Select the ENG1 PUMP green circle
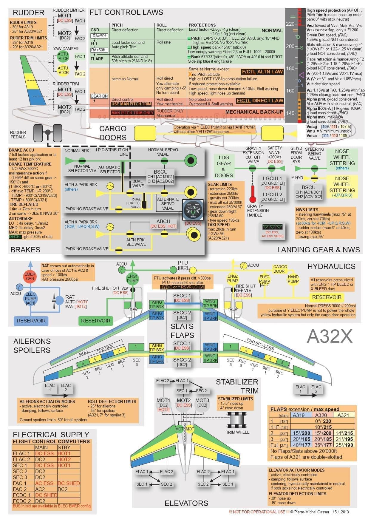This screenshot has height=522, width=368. [x=132, y=278]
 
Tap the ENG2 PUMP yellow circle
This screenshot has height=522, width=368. [x=233, y=278]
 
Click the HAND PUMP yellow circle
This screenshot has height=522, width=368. [x=293, y=279]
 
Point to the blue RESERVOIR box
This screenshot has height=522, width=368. [x=31, y=321]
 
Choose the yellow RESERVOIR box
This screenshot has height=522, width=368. [x=327, y=297]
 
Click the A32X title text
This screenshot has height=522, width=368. [x=330, y=336]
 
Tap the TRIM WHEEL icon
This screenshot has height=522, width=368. [x=237, y=421]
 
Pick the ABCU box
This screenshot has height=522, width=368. [x=163, y=222]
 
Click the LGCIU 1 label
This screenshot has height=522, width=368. [x=272, y=178]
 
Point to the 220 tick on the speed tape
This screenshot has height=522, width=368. [x=290, y=24]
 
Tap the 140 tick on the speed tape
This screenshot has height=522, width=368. [x=290, y=113]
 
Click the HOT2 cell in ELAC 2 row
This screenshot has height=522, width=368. [x=64, y=459]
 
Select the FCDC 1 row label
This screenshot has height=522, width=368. [x=22, y=495]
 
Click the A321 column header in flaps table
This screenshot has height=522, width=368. [x=343, y=415]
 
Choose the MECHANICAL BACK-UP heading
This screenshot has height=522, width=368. [x=254, y=112]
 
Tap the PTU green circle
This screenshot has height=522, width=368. [x=173, y=270]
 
